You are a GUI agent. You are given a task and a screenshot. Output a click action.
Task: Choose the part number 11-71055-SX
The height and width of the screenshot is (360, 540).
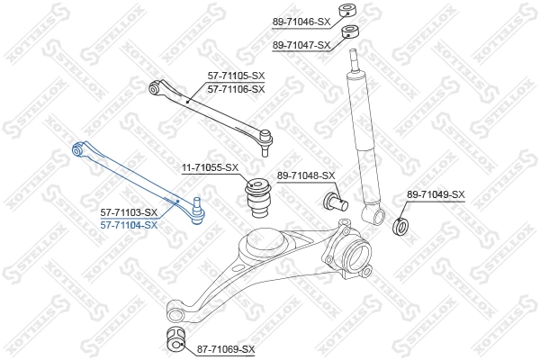tap(211, 167)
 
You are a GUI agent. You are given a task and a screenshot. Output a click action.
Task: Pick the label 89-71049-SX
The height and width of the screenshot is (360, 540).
tap(436, 193)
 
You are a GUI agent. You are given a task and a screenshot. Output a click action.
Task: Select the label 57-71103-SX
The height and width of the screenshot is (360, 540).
tap(129, 212)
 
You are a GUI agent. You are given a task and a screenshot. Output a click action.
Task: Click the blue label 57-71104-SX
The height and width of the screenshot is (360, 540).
tap(129, 224)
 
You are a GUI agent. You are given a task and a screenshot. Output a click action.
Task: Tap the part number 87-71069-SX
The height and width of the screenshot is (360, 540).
tap(226, 348)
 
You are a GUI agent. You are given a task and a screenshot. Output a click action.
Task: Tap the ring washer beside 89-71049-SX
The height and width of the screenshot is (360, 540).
tap(402, 222)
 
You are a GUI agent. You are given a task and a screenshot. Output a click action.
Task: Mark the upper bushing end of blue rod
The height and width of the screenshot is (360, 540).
tap(78, 148)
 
